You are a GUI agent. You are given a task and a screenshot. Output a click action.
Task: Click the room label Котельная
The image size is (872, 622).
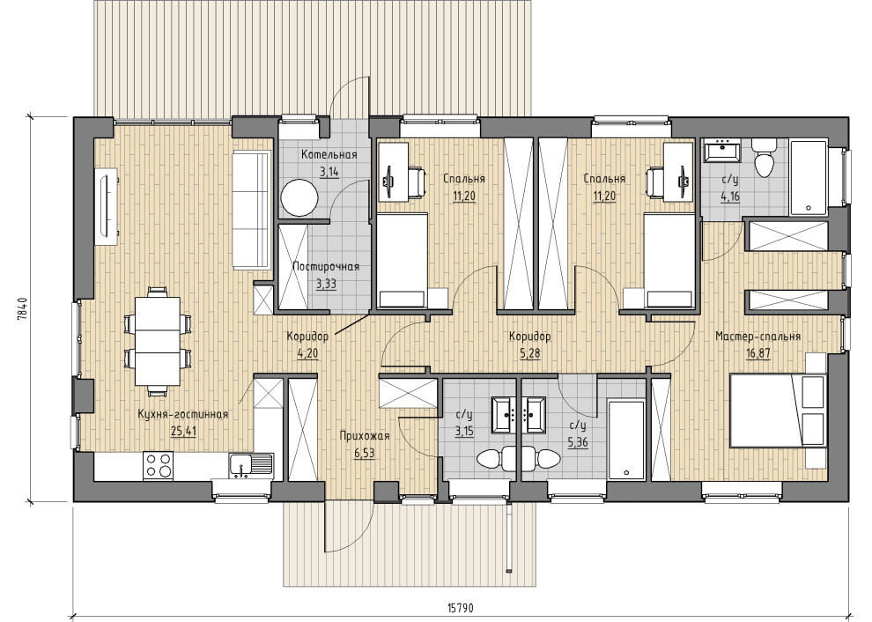[329, 155]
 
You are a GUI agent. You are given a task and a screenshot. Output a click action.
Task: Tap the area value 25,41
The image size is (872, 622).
[183, 431]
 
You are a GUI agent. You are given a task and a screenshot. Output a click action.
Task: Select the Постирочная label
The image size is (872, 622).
[326, 267]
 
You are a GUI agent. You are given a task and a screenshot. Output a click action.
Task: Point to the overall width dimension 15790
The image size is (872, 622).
[460, 608]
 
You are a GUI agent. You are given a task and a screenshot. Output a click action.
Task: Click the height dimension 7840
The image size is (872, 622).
[22, 309]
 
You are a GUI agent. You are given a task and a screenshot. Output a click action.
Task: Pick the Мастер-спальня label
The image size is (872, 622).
[757, 336]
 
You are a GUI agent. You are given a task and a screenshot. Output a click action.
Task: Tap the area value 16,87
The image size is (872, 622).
[758, 352]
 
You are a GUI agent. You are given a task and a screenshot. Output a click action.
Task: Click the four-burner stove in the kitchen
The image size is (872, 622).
[158, 465]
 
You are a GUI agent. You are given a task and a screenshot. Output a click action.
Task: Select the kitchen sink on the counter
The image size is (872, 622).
[250, 466]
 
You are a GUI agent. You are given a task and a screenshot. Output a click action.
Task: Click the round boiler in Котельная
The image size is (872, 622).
[299, 197]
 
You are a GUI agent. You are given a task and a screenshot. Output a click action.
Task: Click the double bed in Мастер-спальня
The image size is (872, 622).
[778, 410]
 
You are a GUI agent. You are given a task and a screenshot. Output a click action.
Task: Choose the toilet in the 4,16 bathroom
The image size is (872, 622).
[765, 158]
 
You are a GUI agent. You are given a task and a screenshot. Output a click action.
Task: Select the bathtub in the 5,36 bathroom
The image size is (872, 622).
[625, 439]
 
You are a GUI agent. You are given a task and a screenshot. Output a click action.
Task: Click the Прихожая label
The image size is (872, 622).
[365, 435]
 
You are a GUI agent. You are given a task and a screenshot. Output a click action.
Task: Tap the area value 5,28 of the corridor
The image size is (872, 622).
[530, 352]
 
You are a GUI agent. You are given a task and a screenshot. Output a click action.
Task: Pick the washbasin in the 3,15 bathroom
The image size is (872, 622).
[505, 414]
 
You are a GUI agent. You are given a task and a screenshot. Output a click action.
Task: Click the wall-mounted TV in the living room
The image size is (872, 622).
[107, 206]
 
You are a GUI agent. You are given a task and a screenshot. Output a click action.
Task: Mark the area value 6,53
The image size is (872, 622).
[365, 453]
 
